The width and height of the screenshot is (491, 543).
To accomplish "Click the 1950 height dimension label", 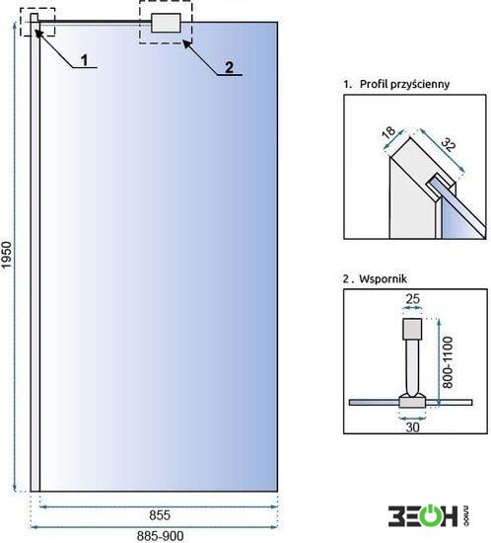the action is [7, 255].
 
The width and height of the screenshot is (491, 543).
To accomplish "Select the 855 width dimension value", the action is [160, 515].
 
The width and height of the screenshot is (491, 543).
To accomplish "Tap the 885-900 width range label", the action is [160, 536].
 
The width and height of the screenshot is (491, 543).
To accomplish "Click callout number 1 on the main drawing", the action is [85, 60].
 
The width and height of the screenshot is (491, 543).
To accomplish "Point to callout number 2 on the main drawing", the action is [229, 67].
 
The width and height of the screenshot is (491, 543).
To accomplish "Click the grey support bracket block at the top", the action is [166, 23].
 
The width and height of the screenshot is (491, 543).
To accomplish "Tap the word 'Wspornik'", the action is [383, 279].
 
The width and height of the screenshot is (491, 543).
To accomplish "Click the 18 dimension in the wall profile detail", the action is [388, 132].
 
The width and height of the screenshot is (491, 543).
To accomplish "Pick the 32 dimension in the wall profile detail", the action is [449, 144].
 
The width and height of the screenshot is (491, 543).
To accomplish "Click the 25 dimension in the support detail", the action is [412, 298].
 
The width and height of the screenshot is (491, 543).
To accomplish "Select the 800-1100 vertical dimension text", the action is [448, 362].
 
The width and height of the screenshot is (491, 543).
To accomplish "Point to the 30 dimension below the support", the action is [412, 427].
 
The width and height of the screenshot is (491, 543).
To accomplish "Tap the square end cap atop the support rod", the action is [412, 329].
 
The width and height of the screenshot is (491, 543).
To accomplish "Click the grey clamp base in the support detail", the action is [412, 401].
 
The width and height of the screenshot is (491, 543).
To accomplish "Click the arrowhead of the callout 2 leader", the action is [186, 43].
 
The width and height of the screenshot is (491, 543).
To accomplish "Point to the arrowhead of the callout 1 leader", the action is [38, 33].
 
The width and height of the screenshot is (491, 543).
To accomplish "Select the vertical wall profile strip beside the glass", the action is [35, 257].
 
